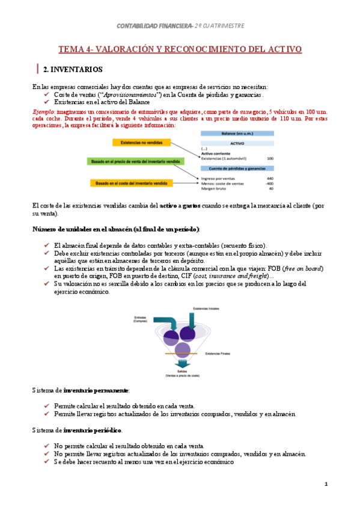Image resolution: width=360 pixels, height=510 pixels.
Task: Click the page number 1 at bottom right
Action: tap(325, 484)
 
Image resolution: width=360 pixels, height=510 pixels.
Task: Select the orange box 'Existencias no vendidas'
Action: tap(141, 143)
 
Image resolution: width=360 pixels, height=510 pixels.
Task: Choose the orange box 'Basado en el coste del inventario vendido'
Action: tap(132, 183)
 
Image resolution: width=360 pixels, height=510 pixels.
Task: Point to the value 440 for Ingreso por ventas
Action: tap(270, 178)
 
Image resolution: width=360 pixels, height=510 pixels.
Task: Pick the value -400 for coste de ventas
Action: tap(269, 183)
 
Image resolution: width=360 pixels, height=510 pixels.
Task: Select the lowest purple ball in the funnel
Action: tap(183, 349)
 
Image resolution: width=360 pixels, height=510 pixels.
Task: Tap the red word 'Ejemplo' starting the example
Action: tap(44, 112)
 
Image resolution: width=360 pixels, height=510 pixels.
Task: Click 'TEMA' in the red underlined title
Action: tap(71, 49)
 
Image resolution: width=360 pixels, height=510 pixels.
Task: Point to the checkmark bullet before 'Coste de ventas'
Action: tap(47, 95)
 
